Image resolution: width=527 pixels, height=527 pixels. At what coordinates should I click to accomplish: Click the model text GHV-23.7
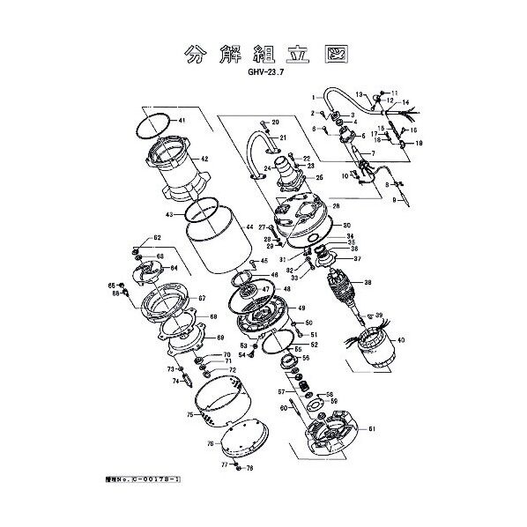(263, 75)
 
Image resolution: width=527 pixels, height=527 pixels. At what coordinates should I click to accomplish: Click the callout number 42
(204, 159)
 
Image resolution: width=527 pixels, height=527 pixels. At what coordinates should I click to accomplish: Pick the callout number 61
(372, 428)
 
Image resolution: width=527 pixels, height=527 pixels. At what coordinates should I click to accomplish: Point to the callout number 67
(201, 299)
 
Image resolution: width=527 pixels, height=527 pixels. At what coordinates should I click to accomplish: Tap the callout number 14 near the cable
(406, 103)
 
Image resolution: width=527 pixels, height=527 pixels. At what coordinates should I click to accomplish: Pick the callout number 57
(281, 391)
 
